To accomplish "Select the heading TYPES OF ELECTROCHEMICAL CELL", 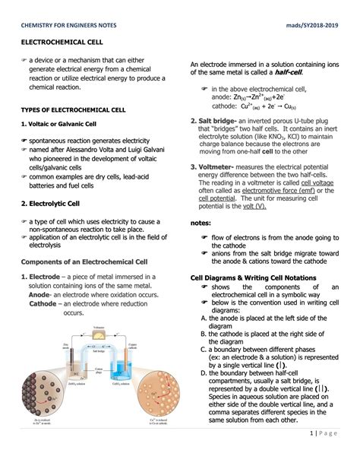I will [74, 109].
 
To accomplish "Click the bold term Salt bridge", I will [219, 120].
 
